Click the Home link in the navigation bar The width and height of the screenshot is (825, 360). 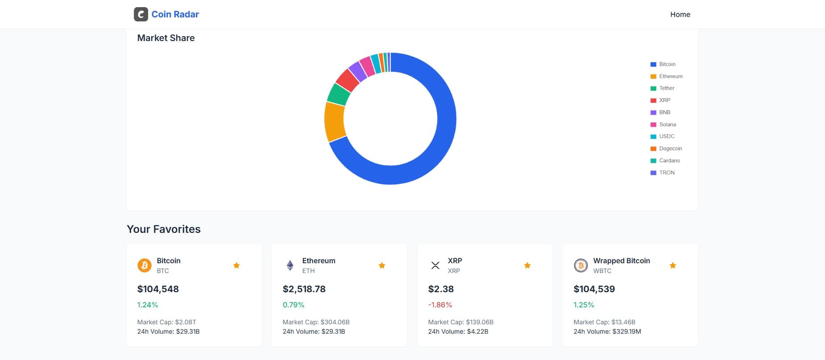pyautogui.click(x=680, y=14)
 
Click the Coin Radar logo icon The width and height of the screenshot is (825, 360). pyautogui.click(x=141, y=14)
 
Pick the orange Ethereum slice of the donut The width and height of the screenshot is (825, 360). pyautogui.click(x=334, y=121)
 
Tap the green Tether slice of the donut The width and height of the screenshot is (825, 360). pyautogui.click(x=339, y=94)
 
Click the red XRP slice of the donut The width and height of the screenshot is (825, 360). pyautogui.click(x=348, y=79)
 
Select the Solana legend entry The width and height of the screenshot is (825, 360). pyautogui.click(x=667, y=124)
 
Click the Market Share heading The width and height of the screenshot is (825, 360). pyautogui.click(x=166, y=38)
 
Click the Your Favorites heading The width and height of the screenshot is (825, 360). pyautogui.click(x=164, y=229)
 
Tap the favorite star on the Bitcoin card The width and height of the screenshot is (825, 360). pyautogui.click(x=236, y=265)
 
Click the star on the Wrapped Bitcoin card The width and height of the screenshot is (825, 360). pyautogui.click(x=673, y=265)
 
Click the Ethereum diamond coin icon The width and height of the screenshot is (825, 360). pyautogui.click(x=290, y=265)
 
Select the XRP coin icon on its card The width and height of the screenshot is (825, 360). pyautogui.click(x=435, y=265)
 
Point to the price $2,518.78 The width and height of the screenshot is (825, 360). pyautogui.click(x=304, y=289)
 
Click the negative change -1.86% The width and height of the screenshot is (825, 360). pyautogui.click(x=440, y=305)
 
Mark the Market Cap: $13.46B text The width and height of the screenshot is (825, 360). pyautogui.click(x=604, y=322)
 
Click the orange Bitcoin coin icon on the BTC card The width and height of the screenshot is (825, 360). pyautogui.click(x=145, y=265)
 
